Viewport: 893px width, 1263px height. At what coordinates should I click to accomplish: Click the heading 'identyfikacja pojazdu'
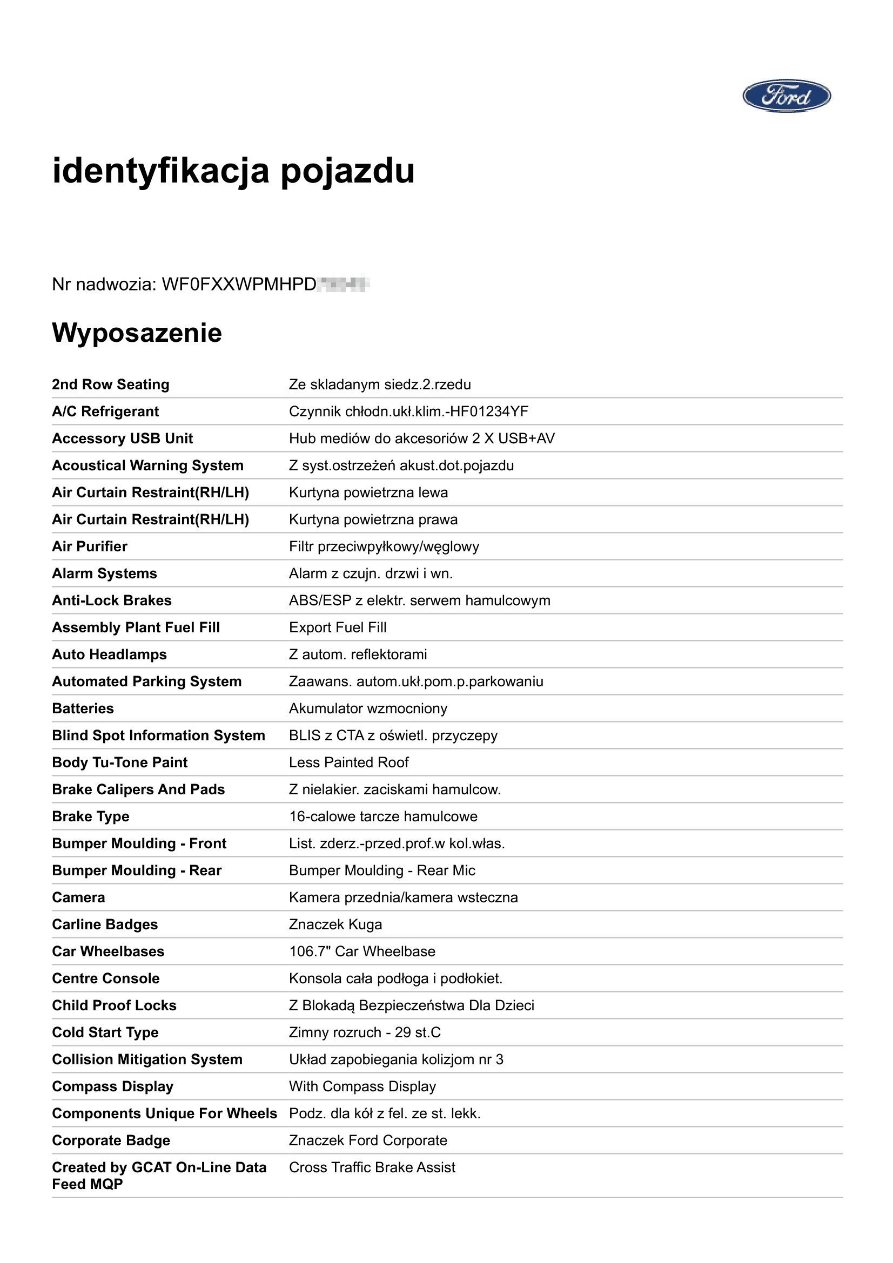point(233,171)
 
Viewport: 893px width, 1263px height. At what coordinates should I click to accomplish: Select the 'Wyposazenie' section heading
point(137,333)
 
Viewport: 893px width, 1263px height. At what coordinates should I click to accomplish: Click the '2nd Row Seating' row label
point(111,384)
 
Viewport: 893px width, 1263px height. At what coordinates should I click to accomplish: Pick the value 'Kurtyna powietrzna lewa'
point(368,492)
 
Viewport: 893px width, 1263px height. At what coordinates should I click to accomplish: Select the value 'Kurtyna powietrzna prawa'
point(373,519)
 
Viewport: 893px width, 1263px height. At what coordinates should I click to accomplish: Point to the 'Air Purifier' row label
point(90,546)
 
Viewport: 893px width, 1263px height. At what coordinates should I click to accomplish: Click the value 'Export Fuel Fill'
point(337,627)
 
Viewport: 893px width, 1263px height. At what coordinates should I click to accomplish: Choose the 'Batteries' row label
point(83,708)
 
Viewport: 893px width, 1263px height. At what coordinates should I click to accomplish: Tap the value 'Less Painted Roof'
point(348,762)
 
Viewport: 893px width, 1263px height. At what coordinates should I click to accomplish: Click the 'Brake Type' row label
point(91,816)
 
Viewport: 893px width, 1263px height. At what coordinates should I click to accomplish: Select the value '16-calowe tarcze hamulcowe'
point(383,816)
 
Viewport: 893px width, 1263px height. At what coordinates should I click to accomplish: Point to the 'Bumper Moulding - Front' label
point(139,843)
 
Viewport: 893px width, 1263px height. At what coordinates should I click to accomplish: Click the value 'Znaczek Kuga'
point(335,924)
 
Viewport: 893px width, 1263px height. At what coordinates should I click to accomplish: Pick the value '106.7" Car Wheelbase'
point(362,951)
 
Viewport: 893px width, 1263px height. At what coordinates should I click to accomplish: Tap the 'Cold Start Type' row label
point(105,1032)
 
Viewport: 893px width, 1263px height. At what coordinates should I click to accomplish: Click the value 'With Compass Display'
point(362,1086)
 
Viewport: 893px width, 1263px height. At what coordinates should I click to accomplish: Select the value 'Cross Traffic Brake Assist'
point(372,1167)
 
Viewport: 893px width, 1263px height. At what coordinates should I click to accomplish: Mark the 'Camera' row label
point(79,897)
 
